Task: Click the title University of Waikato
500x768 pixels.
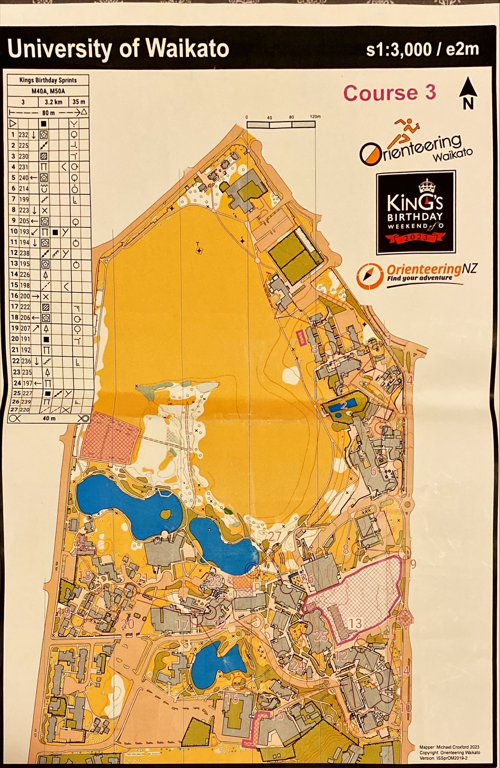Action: pyautogui.click(x=118, y=49)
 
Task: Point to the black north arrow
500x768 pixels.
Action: pyautogui.click(x=468, y=94)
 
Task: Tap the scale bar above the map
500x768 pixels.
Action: pyautogui.click(x=281, y=124)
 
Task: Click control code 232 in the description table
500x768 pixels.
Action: pyautogui.click(x=24, y=135)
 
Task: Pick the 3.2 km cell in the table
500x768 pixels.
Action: pyautogui.click(x=54, y=102)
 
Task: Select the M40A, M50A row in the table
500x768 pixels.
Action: pyautogui.click(x=48, y=91)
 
